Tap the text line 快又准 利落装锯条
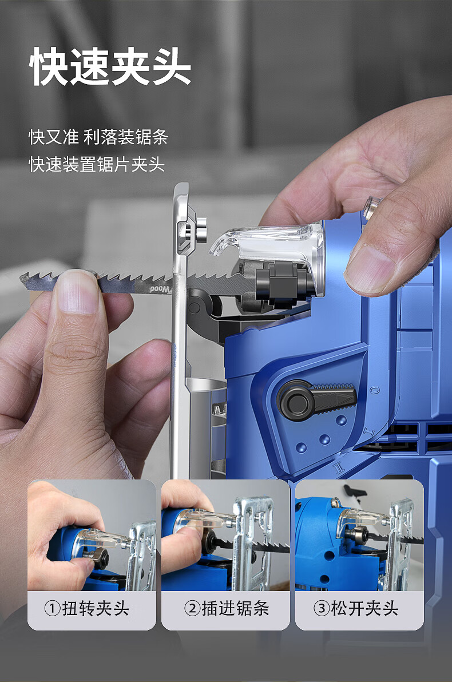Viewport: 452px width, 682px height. (x=98, y=137)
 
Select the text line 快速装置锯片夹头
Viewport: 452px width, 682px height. (x=97, y=165)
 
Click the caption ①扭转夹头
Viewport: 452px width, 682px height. (x=92, y=608)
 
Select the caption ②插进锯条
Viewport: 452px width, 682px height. (x=225, y=608)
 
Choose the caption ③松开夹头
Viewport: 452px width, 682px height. (x=359, y=608)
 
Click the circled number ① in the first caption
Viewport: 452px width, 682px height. (x=52, y=608)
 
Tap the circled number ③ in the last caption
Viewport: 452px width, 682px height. (x=321, y=608)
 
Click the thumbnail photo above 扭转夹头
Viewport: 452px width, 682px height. (x=92, y=535)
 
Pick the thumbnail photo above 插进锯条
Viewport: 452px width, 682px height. (x=225, y=535)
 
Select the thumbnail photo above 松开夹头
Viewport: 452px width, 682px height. (x=359, y=535)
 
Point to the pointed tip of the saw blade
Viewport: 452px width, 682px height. (x=23, y=280)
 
